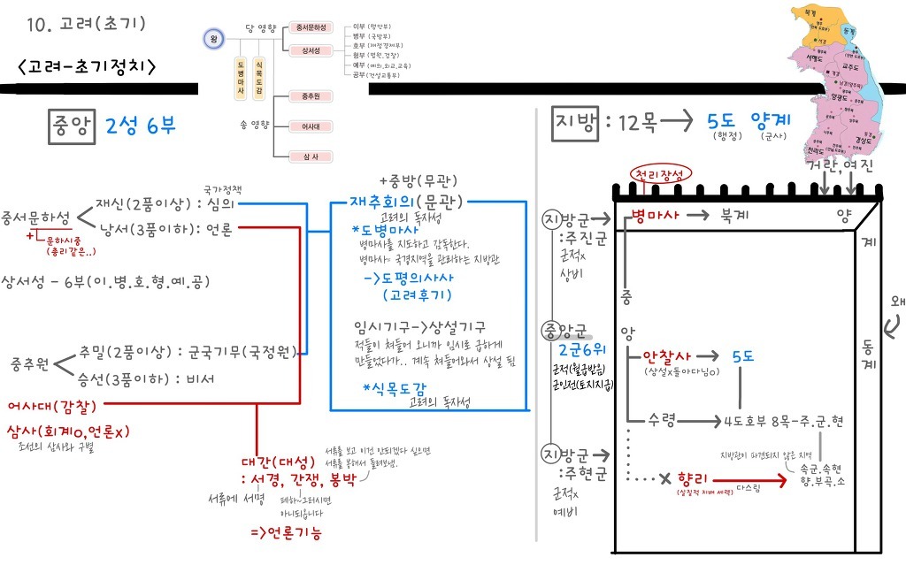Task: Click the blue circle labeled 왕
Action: pos(213,39)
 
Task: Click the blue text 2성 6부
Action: pos(140,126)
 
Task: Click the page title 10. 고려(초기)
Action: pos(87,23)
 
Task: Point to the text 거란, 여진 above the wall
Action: pos(833,164)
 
